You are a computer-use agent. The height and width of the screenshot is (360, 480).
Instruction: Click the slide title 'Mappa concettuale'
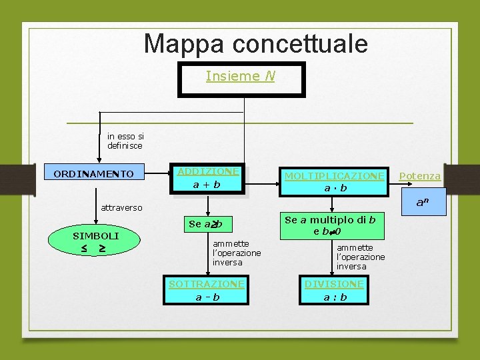(255, 44)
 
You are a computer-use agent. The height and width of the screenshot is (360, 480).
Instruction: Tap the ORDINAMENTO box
(93, 174)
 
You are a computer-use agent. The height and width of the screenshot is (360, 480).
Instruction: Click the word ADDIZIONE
(207, 171)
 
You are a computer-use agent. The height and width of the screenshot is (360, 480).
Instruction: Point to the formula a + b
(207, 185)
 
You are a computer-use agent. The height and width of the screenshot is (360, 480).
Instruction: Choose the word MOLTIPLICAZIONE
(334, 175)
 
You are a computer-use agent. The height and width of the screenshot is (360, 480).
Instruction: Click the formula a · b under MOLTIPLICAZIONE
(335, 188)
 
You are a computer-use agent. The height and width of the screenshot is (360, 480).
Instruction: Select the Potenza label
(419, 176)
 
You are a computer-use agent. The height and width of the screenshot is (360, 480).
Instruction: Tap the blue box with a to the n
(423, 202)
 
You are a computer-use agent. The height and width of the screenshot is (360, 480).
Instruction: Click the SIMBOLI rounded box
(95, 241)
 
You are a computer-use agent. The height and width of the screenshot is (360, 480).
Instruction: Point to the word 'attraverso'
(121, 207)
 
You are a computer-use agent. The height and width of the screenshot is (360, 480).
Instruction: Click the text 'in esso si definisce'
(125, 141)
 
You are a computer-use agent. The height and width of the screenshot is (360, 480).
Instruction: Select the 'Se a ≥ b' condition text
(205, 224)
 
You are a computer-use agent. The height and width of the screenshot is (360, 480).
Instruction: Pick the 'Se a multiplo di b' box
(330, 225)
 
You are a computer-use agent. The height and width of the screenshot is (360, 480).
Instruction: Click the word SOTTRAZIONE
(207, 284)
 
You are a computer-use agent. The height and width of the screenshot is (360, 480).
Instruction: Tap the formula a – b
(207, 297)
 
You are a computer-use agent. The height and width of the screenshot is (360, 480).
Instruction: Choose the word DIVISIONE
(335, 284)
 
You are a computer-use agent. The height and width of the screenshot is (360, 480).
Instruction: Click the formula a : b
(335, 297)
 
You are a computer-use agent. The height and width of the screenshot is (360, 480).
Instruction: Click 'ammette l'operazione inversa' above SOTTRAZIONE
(236, 253)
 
